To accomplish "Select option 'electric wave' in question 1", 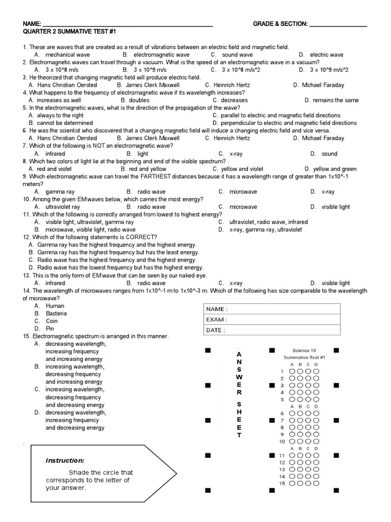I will [326, 55].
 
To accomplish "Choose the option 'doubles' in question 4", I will [139, 100].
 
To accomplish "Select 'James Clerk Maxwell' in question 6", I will [152, 138].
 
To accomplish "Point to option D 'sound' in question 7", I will [329, 153].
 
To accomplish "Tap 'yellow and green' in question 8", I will [334, 169].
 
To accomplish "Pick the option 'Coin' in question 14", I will [51, 321].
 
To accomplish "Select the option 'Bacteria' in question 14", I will [56, 314].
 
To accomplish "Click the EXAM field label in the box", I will [216, 320].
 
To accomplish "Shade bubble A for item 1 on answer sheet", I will [292, 372].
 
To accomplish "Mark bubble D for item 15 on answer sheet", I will [316, 483].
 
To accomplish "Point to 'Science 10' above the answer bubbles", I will [304, 350].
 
